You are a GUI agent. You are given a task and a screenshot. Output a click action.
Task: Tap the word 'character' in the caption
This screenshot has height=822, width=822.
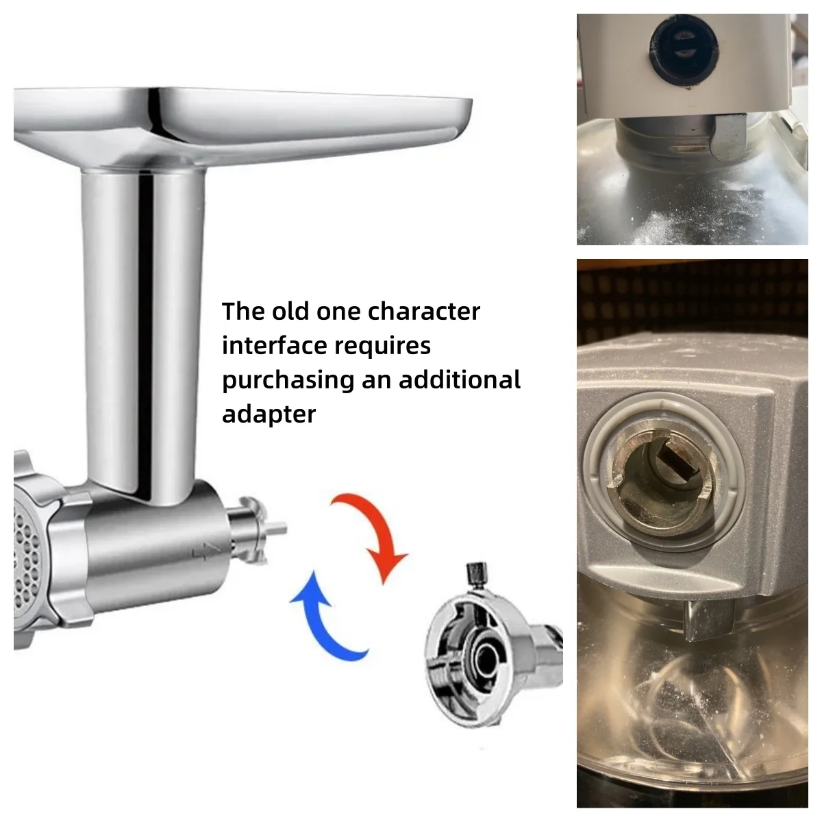(x=423, y=311)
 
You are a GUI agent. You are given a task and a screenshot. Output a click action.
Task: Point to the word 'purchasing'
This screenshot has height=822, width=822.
(x=288, y=380)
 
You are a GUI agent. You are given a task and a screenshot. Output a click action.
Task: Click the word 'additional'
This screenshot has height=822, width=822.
(x=460, y=379)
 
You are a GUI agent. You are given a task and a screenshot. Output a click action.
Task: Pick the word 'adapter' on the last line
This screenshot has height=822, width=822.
(x=269, y=414)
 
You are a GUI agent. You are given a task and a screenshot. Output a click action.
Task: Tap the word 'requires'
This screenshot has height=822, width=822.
(x=382, y=347)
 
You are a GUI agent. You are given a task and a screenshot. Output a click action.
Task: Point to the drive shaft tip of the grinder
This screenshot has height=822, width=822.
(x=279, y=530)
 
